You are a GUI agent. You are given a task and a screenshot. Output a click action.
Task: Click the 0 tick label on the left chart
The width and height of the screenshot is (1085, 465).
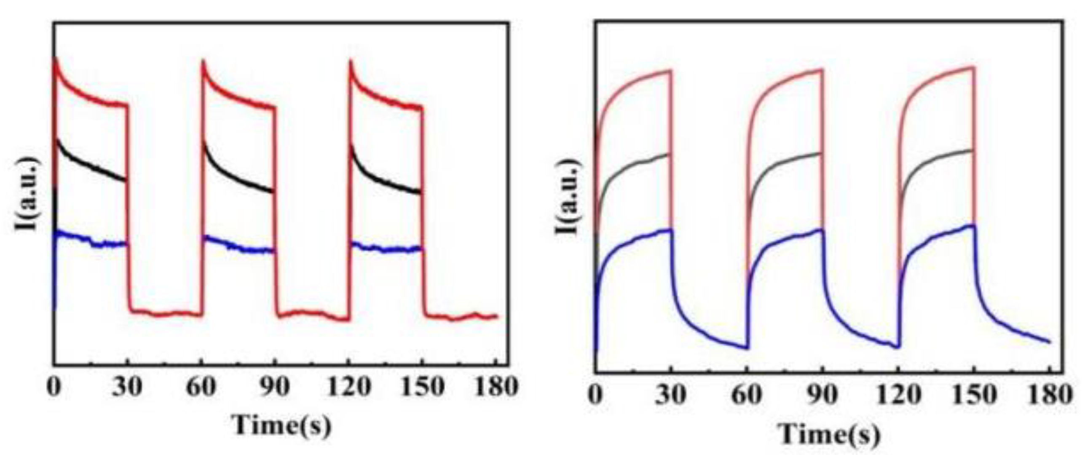pos(54,386)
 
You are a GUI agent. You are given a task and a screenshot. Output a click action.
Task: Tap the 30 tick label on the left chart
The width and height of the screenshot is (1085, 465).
pos(127,386)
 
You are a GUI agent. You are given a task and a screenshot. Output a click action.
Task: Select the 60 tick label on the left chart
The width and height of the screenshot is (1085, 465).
pos(201,386)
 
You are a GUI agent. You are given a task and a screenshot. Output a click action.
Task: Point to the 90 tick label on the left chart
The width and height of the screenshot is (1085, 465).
pos(275,386)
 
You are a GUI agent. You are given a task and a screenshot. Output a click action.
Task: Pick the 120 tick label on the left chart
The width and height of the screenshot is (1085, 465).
pos(348,386)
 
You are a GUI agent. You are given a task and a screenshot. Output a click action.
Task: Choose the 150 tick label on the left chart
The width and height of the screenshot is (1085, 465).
pos(422,386)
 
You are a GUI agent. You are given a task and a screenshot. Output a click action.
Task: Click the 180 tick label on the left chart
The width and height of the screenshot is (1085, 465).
pos(496,386)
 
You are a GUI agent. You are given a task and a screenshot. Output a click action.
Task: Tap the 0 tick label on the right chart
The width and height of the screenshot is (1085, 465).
pos(595,396)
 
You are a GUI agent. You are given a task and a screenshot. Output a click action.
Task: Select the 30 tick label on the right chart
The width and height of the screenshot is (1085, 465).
pos(671,396)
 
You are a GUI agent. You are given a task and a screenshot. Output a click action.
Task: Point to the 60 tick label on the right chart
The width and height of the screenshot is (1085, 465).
pos(747,396)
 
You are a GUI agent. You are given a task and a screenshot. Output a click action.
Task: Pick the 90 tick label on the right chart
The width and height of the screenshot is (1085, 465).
pos(822,396)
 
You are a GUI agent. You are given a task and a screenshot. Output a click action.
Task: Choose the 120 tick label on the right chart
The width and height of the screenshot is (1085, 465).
pos(898,396)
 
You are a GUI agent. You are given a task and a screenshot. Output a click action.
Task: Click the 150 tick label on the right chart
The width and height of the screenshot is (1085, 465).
pos(974,396)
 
